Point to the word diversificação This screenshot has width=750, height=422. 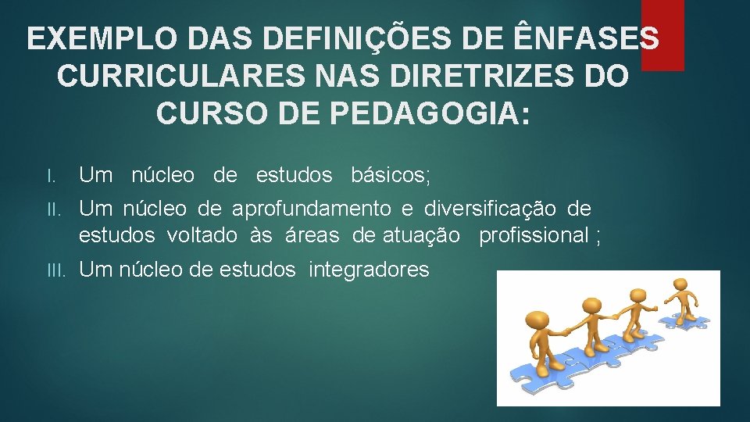point(490,209)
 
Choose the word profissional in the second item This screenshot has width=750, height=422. point(534,234)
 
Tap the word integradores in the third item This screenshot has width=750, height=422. point(369,270)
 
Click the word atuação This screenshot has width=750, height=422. point(420,234)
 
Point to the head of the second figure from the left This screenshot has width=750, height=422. point(589,304)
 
